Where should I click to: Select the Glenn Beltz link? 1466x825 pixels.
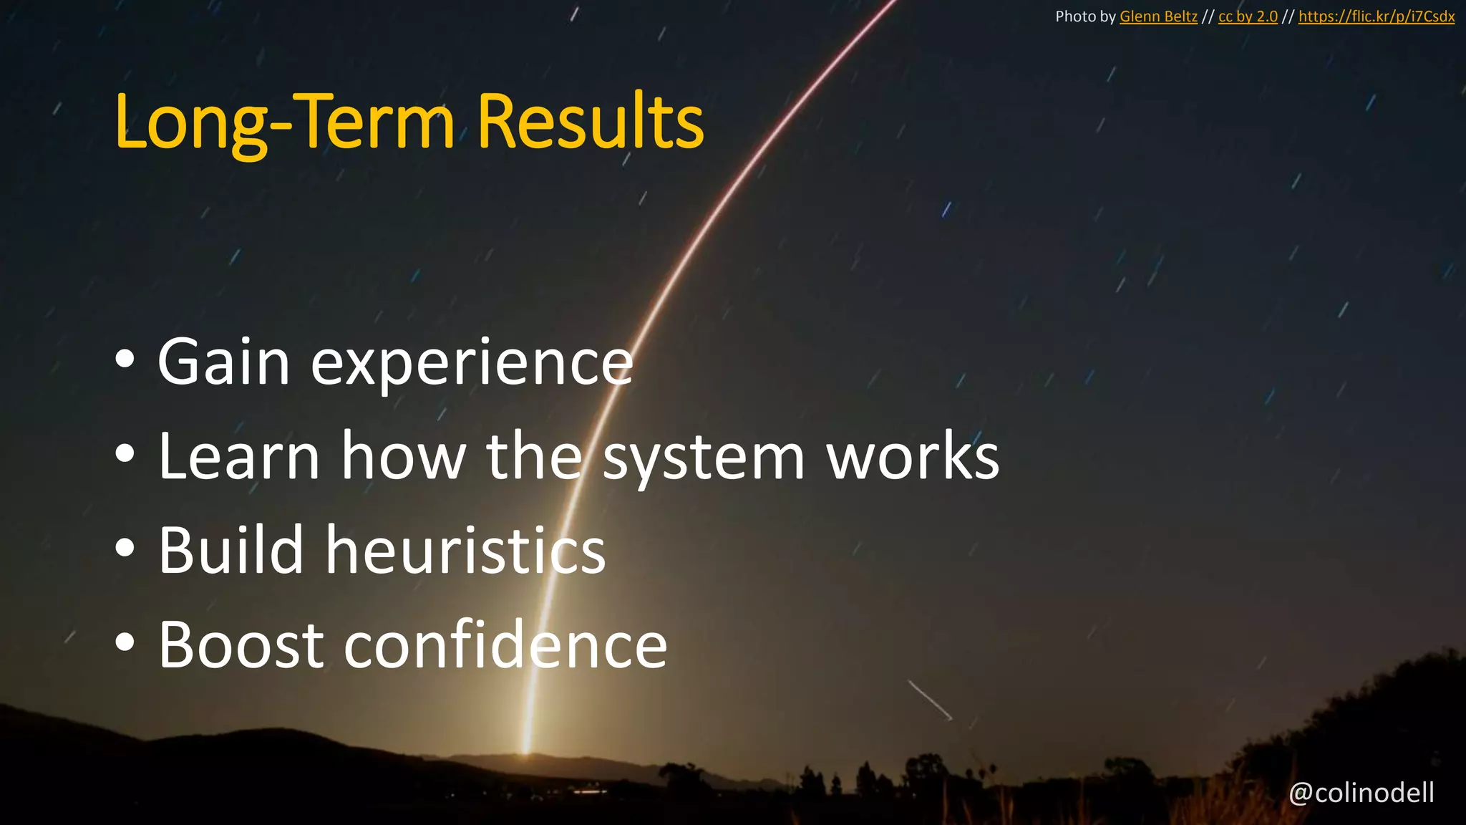1158,16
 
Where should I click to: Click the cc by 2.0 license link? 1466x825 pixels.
1248,16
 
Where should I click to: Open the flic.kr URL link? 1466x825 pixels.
1376,16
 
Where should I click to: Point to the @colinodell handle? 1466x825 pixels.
1361,793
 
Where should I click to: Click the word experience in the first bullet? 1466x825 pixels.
472,364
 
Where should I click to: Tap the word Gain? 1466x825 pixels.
223,362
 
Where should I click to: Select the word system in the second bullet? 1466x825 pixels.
704,458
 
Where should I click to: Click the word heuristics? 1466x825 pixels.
466,550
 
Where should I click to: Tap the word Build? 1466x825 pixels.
231,550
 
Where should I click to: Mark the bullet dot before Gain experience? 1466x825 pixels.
125,361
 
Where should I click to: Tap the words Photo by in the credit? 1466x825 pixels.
1085,16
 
